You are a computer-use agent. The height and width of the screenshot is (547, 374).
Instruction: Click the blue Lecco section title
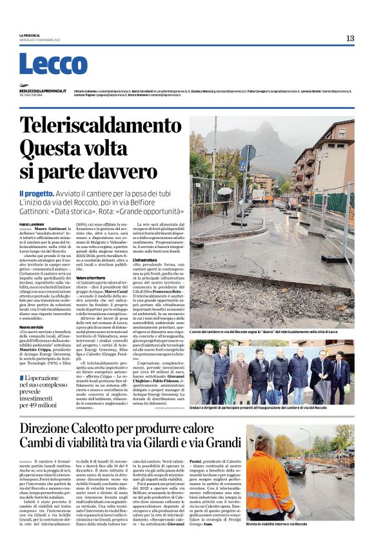point(53,64)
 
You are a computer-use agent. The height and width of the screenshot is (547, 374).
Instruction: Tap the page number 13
point(349,38)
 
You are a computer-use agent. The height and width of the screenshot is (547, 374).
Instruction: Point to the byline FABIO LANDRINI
point(31,224)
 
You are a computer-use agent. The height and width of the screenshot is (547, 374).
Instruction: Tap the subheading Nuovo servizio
point(32,327)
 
